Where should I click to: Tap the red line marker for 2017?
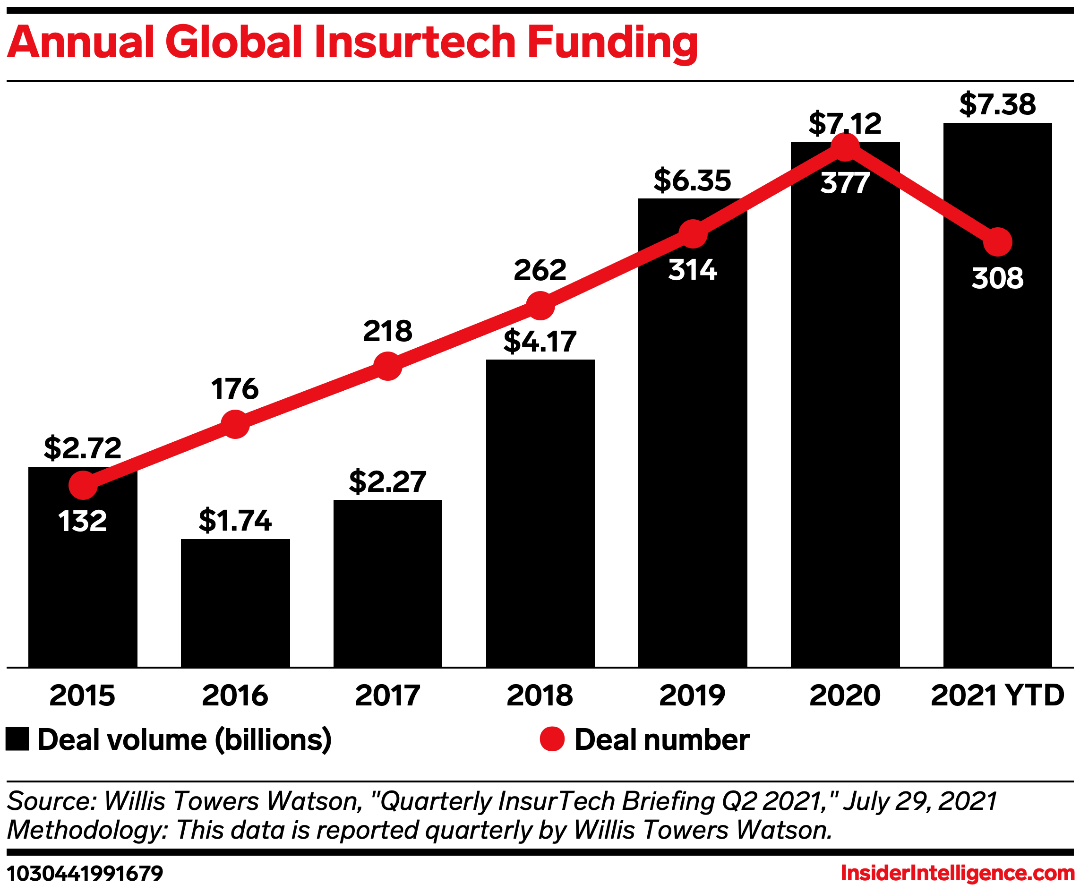pyautogui.click(x=388, y=366)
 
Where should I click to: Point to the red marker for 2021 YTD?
pyautogui.click(x=998, y=242)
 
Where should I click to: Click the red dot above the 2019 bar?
pyautogui.click(x=693, y=234)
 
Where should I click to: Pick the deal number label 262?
pyautogui.click(x=540, y=270)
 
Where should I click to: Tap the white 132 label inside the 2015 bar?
pyautogui.click(x=82, y=521)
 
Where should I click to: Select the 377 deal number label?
pyautogui.click(x=845, y=183)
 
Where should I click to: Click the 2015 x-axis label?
pyautogui.click(x=82, y=696)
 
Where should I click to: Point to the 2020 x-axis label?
pyautogui.click(x=845, y=696)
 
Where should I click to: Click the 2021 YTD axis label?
pyautogui.click(x=997, y=696)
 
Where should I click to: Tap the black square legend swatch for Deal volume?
pyautogui.click(x=17, y=740)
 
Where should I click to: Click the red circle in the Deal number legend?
pyautogui.click(x=552, y=740)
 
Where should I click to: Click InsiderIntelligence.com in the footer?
pyautogui.click(x=957, y=874)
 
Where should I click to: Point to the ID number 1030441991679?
pyautogui.click(x=85, y=874)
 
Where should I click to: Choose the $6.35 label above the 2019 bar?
pyautogui.click(x=692, y=180)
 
